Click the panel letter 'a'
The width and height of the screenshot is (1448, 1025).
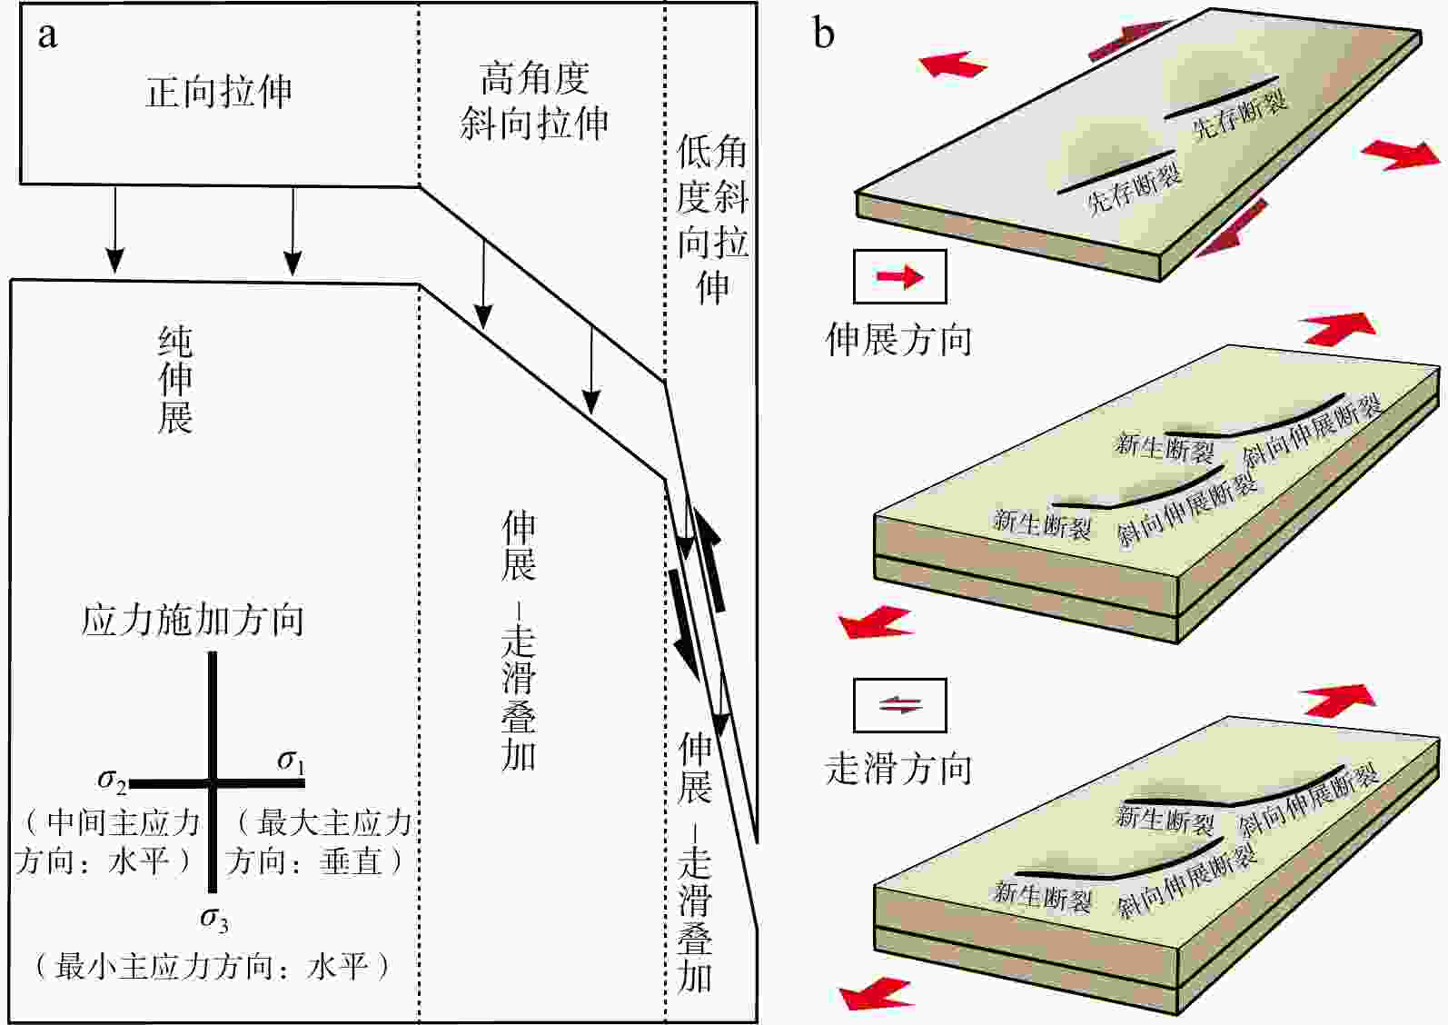[x=47, y=35]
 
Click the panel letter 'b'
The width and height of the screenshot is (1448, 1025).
[x=823, y=34]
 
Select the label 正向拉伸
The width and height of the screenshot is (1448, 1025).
[x=219, y=92]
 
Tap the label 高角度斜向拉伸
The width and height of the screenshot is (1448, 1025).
[x=534, y=101]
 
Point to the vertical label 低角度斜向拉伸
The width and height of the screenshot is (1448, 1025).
[x=712, y=219]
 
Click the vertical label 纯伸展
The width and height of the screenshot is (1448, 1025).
[x=175, y=379]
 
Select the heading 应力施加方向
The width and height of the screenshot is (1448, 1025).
[x=193, y=621]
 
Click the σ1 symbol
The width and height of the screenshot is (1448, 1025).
[x=291, y=760]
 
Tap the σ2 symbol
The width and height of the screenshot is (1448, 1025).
[x=112, y=779]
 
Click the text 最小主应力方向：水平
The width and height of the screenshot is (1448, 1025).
[x=213, y=965]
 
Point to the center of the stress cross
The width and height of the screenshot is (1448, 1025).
[x=213, y=781]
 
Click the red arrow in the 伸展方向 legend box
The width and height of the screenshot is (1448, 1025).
[x=899, y=276]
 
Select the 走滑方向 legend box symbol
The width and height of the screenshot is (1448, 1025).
[x=899, y=704]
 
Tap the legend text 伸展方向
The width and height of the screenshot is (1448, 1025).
[x=898, y=339]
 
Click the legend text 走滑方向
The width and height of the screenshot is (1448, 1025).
[x=898, y=769]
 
